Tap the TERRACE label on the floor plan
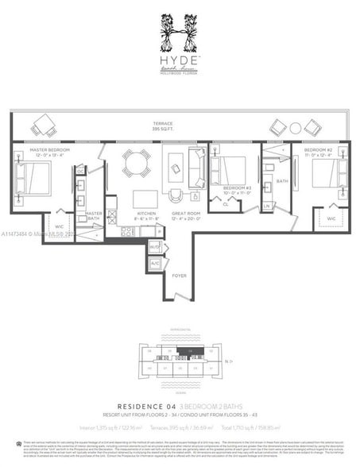tap(164, 125)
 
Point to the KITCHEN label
tap(146, 214)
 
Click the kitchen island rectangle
tap(144, 198)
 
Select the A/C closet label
tap(155, 263)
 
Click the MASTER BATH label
tap(94, 214)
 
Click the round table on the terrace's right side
tap(296, 127)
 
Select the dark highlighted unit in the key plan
tap(191, 352)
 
